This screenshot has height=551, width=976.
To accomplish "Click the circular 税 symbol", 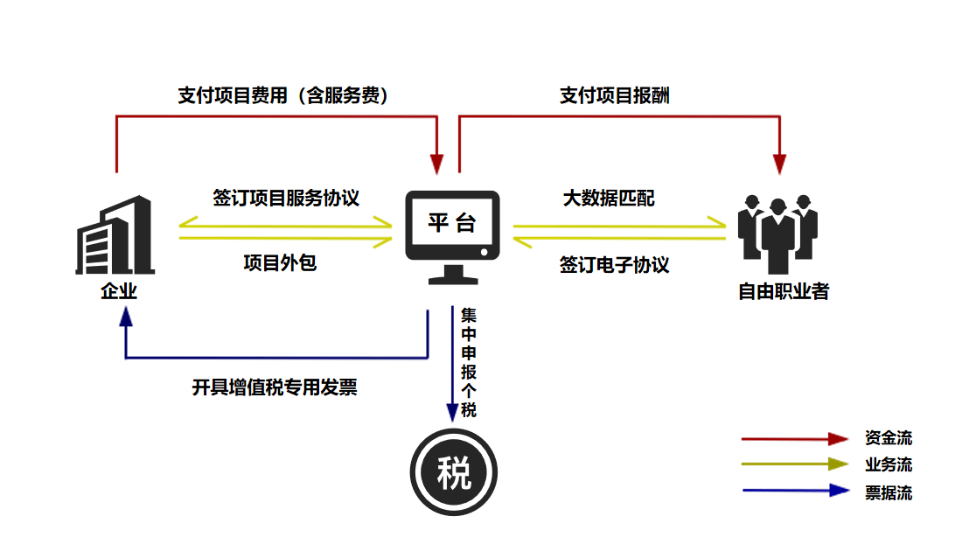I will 453,475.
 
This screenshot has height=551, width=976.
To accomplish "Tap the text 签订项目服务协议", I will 286,198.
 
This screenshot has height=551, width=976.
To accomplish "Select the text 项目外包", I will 280,262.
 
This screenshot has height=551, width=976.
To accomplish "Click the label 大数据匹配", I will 608,199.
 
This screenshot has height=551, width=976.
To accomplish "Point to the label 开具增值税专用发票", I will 275,387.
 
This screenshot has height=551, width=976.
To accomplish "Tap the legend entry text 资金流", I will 889,438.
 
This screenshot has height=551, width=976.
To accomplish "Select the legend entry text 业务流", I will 889,465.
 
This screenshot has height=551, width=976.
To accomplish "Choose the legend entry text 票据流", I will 889,492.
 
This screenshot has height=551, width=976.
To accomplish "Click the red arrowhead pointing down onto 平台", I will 436,164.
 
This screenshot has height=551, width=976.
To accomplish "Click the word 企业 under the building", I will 119,291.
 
